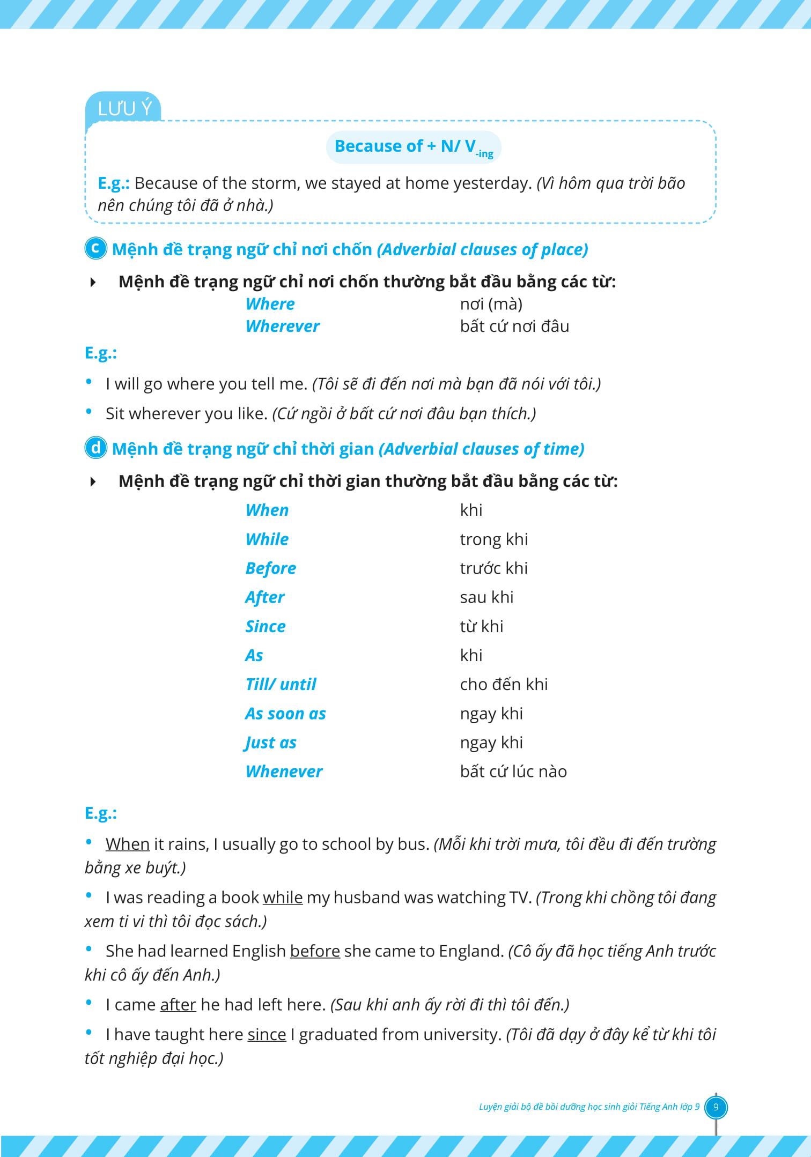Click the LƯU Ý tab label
point(125,109)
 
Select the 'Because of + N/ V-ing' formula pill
point(414,147)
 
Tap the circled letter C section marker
point(96,249)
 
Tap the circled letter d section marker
point(96,448)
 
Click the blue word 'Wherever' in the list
point(282,326)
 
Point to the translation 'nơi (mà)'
point(491,304)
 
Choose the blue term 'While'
point(267,539)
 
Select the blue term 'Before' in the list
point(270,568)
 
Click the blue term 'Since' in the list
point(265,626)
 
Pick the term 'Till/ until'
point(281,684)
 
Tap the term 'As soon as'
point(285,714)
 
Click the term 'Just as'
point(270,743)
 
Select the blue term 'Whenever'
point(284,772)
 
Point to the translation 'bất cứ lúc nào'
point(513,772)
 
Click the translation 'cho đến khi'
point(504,684)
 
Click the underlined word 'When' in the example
point(127,844)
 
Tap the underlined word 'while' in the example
point(283,898)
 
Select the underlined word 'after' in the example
point(178,1004)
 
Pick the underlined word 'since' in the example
point(267,1034)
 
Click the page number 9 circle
point(716,1107)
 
